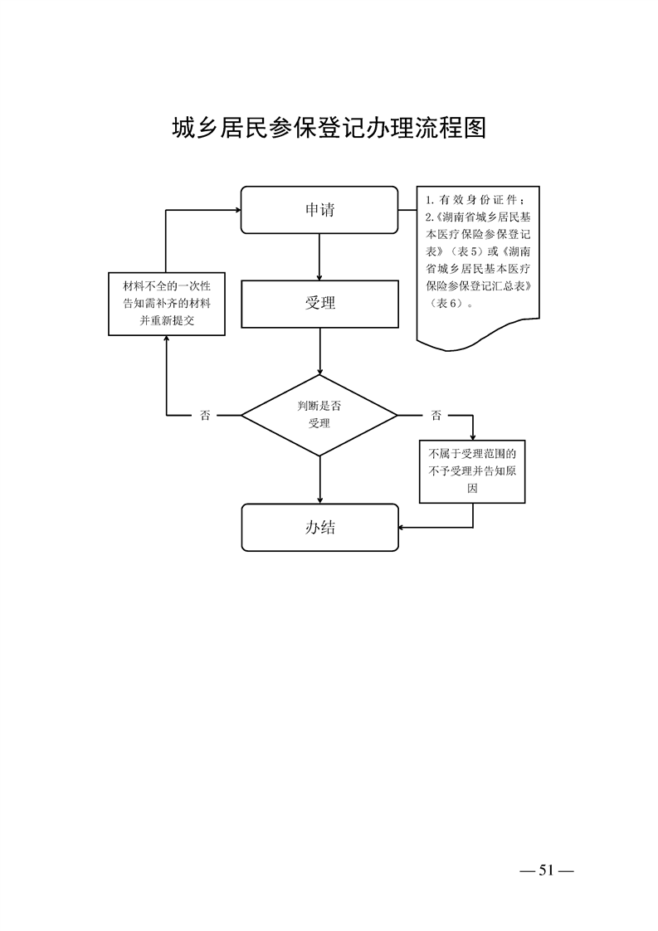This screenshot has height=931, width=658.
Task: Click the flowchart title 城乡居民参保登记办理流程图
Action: (x=329, y=129)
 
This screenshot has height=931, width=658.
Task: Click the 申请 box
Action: (x=319, y=210)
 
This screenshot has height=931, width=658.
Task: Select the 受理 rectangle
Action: (x=319, y=303)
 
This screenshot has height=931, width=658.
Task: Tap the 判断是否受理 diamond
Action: (x=319, y=414)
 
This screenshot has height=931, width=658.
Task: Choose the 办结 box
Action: (x=319, y=527)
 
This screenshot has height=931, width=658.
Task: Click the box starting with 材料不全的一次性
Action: (x=167, y=304)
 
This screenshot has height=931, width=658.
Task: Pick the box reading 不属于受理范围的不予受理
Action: (x=472, y=471)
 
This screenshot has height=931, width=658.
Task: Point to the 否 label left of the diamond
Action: (x=205, y=415)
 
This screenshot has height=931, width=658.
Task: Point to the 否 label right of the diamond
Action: (x=436, y=415)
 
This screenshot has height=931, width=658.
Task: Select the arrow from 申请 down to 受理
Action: (x=319, y=257)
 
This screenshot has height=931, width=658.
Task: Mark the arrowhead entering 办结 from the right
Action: (x=402, y=527)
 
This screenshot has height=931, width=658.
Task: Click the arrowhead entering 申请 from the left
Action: (x=236, y=210)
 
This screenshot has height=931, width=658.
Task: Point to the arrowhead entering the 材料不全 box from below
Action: (x=167, y=340)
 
